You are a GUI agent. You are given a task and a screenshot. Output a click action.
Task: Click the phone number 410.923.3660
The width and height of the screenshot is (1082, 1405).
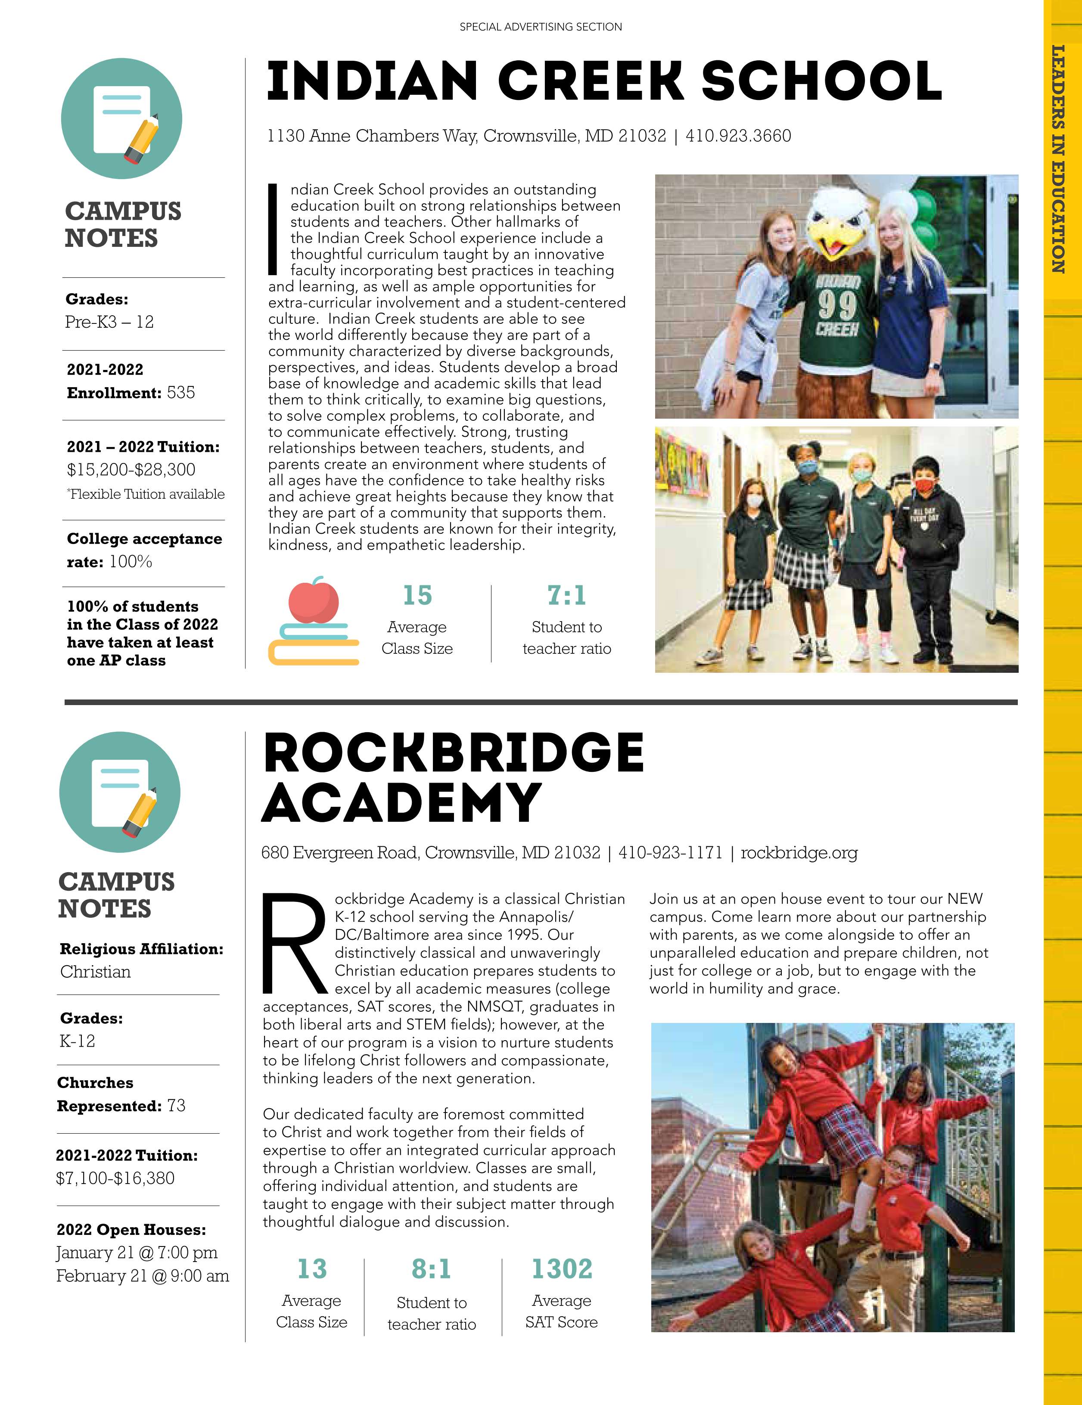[738, 137]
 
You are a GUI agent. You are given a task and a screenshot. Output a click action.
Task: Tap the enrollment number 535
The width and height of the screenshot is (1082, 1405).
[181, 392]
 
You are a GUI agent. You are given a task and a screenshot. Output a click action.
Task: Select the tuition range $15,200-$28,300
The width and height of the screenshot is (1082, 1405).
[131, 469]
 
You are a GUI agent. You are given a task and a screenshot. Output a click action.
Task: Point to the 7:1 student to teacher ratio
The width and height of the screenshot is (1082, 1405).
[567, 596]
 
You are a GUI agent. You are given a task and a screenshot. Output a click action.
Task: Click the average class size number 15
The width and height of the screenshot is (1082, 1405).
[417, 596]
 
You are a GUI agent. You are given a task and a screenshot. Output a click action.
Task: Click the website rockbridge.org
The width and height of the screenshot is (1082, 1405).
[799, 853]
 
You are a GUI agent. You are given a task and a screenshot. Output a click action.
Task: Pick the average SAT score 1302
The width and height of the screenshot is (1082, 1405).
[562, 1269]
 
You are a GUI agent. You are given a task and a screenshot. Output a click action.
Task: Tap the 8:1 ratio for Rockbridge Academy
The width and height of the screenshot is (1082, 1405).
[432, 1269]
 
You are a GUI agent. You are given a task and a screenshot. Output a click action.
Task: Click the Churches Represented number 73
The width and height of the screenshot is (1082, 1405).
[176, 1106]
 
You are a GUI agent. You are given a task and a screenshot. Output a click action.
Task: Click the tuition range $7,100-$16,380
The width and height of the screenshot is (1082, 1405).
[115, 1178]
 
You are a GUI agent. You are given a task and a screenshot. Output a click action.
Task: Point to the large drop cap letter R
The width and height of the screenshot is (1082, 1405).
[294, 943]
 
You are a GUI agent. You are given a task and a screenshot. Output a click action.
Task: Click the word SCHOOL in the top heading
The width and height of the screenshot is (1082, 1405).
[821, 82]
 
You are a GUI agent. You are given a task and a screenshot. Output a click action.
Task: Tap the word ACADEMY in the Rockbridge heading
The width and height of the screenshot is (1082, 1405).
[401, 803]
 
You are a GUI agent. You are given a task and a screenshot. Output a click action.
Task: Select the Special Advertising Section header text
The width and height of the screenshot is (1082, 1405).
[541, 27]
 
